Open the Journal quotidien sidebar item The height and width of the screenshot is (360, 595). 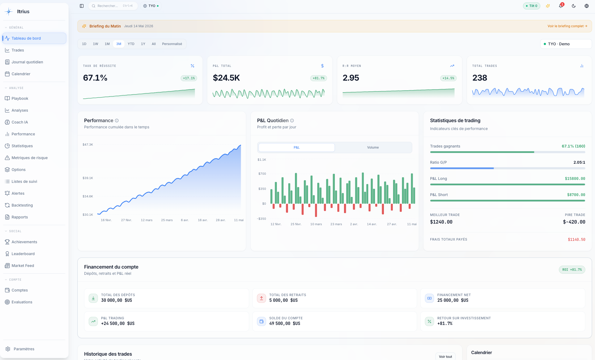pos(27,62)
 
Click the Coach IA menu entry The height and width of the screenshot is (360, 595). pos(20,122)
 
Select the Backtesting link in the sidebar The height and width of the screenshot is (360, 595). pos(22,205)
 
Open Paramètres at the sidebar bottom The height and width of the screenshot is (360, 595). pos(24,349)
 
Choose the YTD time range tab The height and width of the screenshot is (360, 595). pos(131,44)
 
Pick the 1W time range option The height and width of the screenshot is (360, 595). pos(95,44)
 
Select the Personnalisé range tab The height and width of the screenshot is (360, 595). pos(172,44)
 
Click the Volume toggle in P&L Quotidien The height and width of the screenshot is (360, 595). pos(373,148)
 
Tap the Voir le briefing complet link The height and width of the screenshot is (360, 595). pos(567,26)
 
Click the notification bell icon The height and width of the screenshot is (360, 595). pos(561,6)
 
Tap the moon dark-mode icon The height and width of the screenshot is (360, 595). pos(574,6)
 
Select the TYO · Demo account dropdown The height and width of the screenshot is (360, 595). pos(566,44)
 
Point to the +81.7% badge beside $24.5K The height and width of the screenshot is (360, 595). pos(319,78)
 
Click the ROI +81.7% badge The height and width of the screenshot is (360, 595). pos(572,270)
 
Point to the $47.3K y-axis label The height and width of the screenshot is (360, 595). pos(88,145)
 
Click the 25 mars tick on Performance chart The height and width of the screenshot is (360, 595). pos(167,220)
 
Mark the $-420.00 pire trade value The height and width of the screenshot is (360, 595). pos(574,222)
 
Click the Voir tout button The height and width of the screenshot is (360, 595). pos(445,356)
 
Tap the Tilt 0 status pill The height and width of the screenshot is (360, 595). pos(531,6)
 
